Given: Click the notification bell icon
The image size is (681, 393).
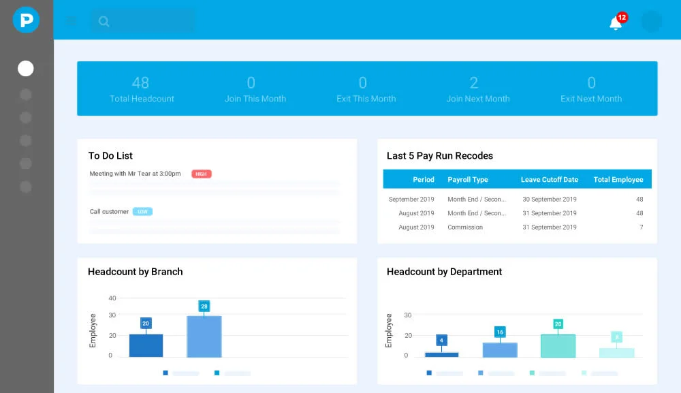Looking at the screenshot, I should pos(615,24).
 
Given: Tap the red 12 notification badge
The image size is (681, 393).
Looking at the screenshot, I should pos(622,17).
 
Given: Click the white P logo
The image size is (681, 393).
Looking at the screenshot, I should pos(26,20).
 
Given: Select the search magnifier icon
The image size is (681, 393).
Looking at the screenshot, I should pos(104,21).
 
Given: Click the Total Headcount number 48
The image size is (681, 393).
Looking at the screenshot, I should pos(140,83).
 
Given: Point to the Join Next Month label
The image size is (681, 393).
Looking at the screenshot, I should pos(478,99).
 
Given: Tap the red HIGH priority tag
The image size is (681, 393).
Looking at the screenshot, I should pos(202,174).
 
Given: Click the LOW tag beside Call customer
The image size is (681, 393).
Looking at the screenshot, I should pos(142,212).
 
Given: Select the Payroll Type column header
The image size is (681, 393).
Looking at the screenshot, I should pos(468,180).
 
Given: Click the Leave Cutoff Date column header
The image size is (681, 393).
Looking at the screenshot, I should pos(550,180).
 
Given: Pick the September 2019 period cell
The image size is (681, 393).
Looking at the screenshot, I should pos(411,200).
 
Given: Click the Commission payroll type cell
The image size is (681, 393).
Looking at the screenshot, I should pos(465,227).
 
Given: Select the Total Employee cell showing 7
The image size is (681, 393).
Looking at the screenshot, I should pos(641,227).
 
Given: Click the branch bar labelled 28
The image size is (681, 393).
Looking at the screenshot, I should pos(204,336).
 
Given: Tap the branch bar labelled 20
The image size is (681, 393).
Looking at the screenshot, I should pos(146,345).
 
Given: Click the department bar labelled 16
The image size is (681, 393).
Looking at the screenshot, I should pos(500,349).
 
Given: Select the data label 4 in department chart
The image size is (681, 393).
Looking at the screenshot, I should pos(441,340).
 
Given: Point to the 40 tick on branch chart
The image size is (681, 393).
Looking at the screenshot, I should pos(112,298).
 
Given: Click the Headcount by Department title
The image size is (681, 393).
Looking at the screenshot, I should pos(444,272).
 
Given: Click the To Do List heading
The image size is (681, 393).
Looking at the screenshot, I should pos(110,156).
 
